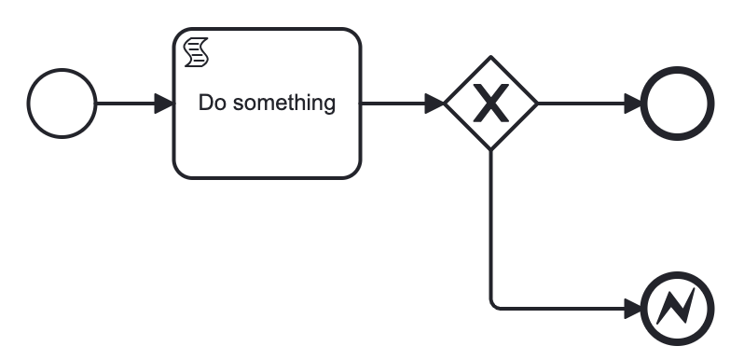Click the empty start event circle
(62, 103)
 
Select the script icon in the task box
(196, 51)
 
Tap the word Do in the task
(212, 103)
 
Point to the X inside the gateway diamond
(490, 104)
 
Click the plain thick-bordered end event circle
(678, 103)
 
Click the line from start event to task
(126, 103)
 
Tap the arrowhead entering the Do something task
(164, 103)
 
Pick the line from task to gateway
(392, 103)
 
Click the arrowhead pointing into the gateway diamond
(435, 103)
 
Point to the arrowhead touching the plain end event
(634, 103)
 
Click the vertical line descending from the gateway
(490, 224)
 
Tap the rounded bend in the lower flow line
(493, 305)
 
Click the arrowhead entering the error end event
(634, 308)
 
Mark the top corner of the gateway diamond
(490, 58)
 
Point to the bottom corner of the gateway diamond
(490, 149)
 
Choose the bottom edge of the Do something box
(267, 177)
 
